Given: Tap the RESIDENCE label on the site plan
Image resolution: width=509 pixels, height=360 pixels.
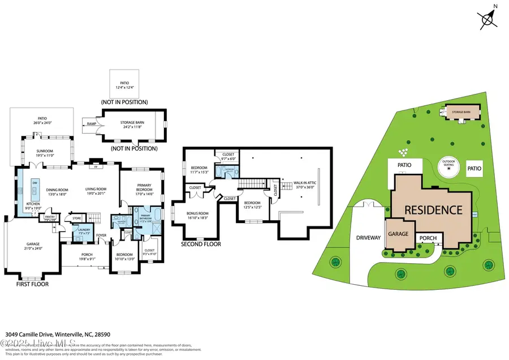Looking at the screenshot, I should pos(433,209).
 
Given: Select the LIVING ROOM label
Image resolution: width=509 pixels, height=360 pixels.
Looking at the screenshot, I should pos(98,190).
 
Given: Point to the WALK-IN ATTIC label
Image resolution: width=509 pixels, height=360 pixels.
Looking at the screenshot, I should pos(304,183).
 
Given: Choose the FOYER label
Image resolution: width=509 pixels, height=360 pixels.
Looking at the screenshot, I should pos(101,235).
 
